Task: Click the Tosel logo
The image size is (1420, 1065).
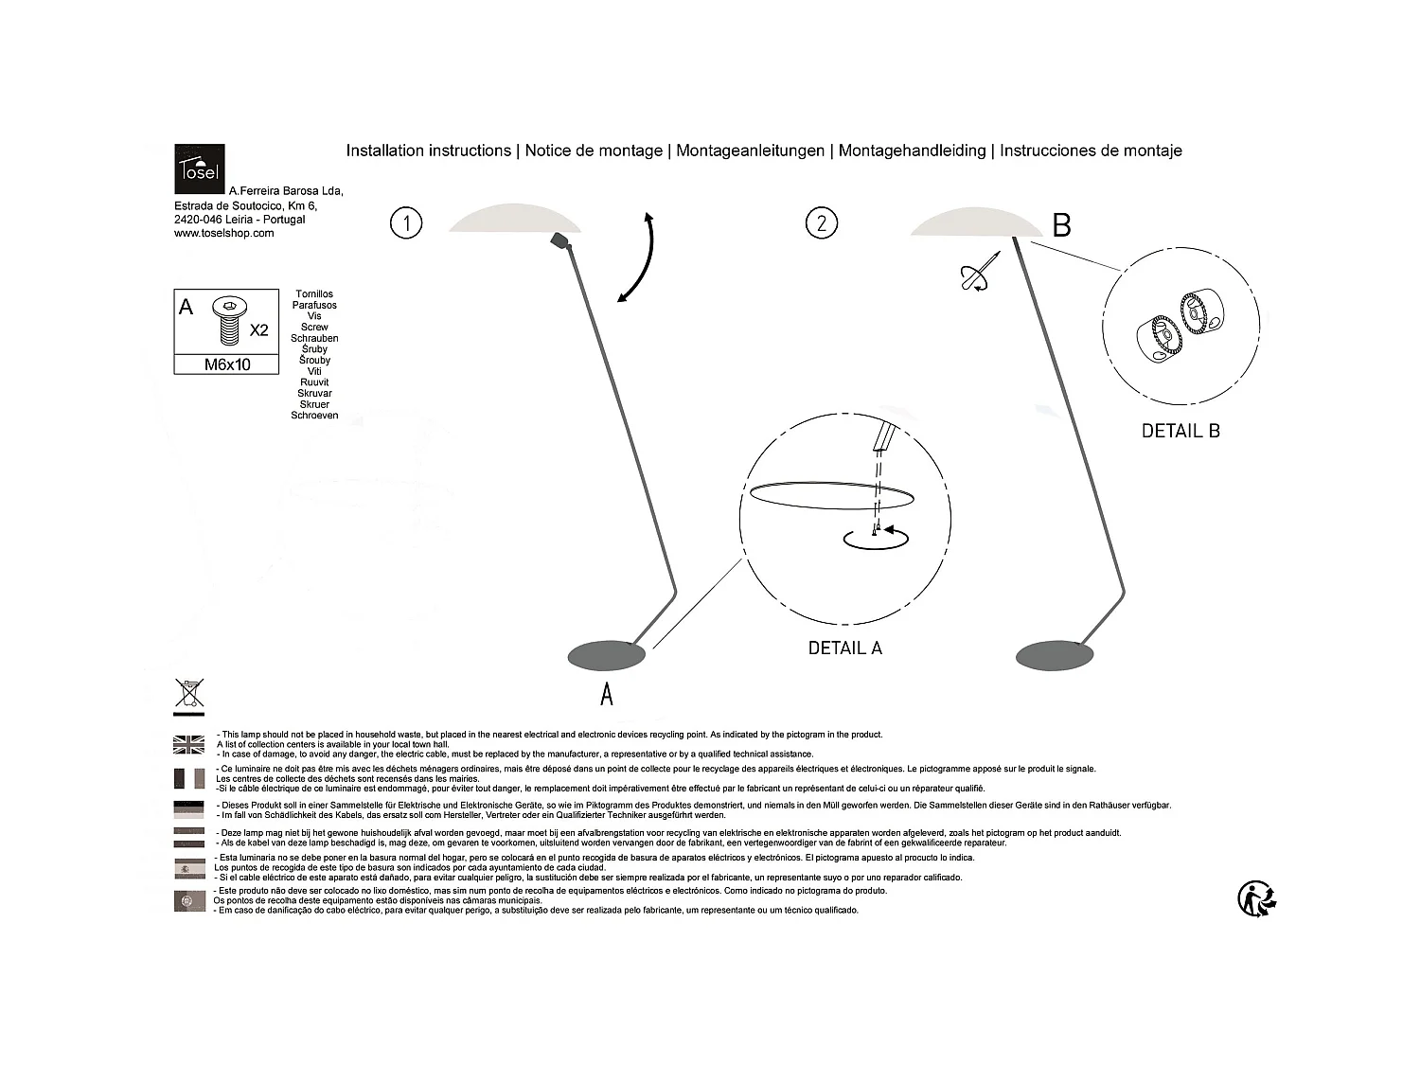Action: point(199,169)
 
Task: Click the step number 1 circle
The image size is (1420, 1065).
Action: point(406,223)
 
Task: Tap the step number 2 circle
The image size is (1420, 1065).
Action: point(821,223)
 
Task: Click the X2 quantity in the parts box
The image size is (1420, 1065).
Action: point(258,330)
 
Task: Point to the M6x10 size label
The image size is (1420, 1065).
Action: point(227,364)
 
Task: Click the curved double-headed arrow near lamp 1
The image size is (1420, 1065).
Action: point(638,257)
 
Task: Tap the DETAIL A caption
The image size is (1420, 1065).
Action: point(844,648)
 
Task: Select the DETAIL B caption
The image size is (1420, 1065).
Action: point(1180,431)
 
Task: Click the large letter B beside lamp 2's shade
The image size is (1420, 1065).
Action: point(1061,225)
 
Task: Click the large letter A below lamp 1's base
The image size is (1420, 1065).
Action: point(607,694)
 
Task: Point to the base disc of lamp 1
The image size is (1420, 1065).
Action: point(607,654)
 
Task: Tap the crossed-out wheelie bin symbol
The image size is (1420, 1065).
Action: point(188,693)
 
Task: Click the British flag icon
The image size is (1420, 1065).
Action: point(189,745)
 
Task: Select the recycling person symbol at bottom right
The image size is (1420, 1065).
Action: point(1257,898)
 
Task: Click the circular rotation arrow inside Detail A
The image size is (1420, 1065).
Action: point(876,538)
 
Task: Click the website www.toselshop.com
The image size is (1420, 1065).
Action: point(224,234)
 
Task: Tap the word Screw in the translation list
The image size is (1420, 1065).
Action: point(314,328)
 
